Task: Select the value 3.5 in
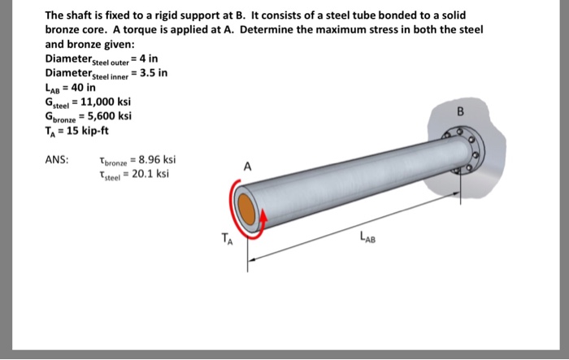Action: [152, 72]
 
